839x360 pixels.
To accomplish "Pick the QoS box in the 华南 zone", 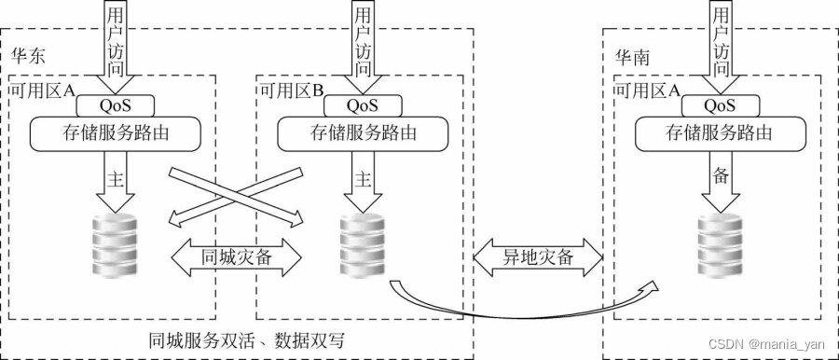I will point(716,104).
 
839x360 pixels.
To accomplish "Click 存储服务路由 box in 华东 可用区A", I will point(117,132).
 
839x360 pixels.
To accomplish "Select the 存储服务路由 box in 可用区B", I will point(360,132).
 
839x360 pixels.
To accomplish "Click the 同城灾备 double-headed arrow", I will point(237,256).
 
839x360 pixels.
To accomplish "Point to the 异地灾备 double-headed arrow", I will point(538,256).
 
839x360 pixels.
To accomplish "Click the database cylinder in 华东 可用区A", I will point(117,244).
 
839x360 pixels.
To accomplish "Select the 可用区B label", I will point(291,90).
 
